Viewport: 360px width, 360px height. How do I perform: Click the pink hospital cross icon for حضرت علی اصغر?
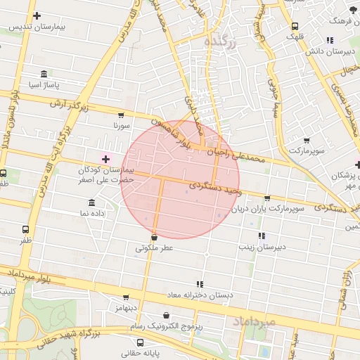[x=106, y=160]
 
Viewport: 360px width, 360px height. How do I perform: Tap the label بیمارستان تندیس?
[x=40, y=26]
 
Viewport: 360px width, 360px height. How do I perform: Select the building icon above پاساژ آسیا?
[x=44, y=74]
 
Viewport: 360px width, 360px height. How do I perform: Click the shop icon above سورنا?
[x=121, y=115]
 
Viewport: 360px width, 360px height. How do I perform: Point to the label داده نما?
[x=74, y=212]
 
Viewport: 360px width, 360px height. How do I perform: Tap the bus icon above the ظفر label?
[x=26, y=229]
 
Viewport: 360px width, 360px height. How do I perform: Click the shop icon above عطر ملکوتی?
[x=154, y=238]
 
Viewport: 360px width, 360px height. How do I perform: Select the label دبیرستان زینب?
[x=261, y=247]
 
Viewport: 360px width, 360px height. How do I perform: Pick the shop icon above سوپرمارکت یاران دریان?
[x=266, y=198]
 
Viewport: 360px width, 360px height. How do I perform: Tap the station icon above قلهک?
[x=295, y=27]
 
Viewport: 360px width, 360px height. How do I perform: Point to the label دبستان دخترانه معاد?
[x=204, y=295]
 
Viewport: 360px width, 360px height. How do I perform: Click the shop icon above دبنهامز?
[x=126, y=297]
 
